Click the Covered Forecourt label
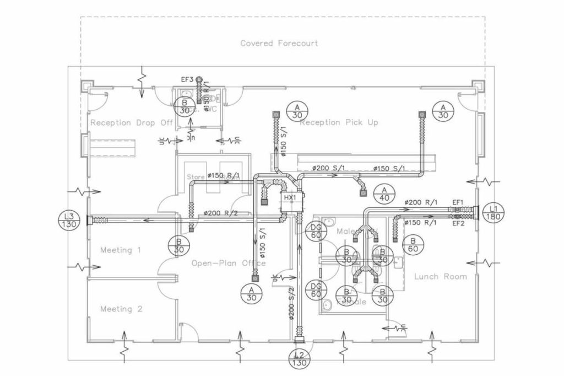(x=279, y=43)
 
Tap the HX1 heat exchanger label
(x=290, y=197)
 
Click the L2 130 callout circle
(x=299, y=358)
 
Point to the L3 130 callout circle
(x=69, y=221)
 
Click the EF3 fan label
(x=187, y=79)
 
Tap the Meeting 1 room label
(x=116, y=250)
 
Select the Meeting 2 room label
(x=121, y=309)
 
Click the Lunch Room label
(x=440, y=276)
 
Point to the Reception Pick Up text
(x=339, y=122)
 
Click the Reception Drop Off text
(x=132, y=122)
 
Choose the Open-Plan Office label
(x=229, y=263)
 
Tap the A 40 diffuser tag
(x=384, y=194)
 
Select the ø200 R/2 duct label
(x=221, y=212)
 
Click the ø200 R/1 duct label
(x=421, y=202)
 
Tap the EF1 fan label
(x=458, y=202)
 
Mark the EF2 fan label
(x=458, y=223)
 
